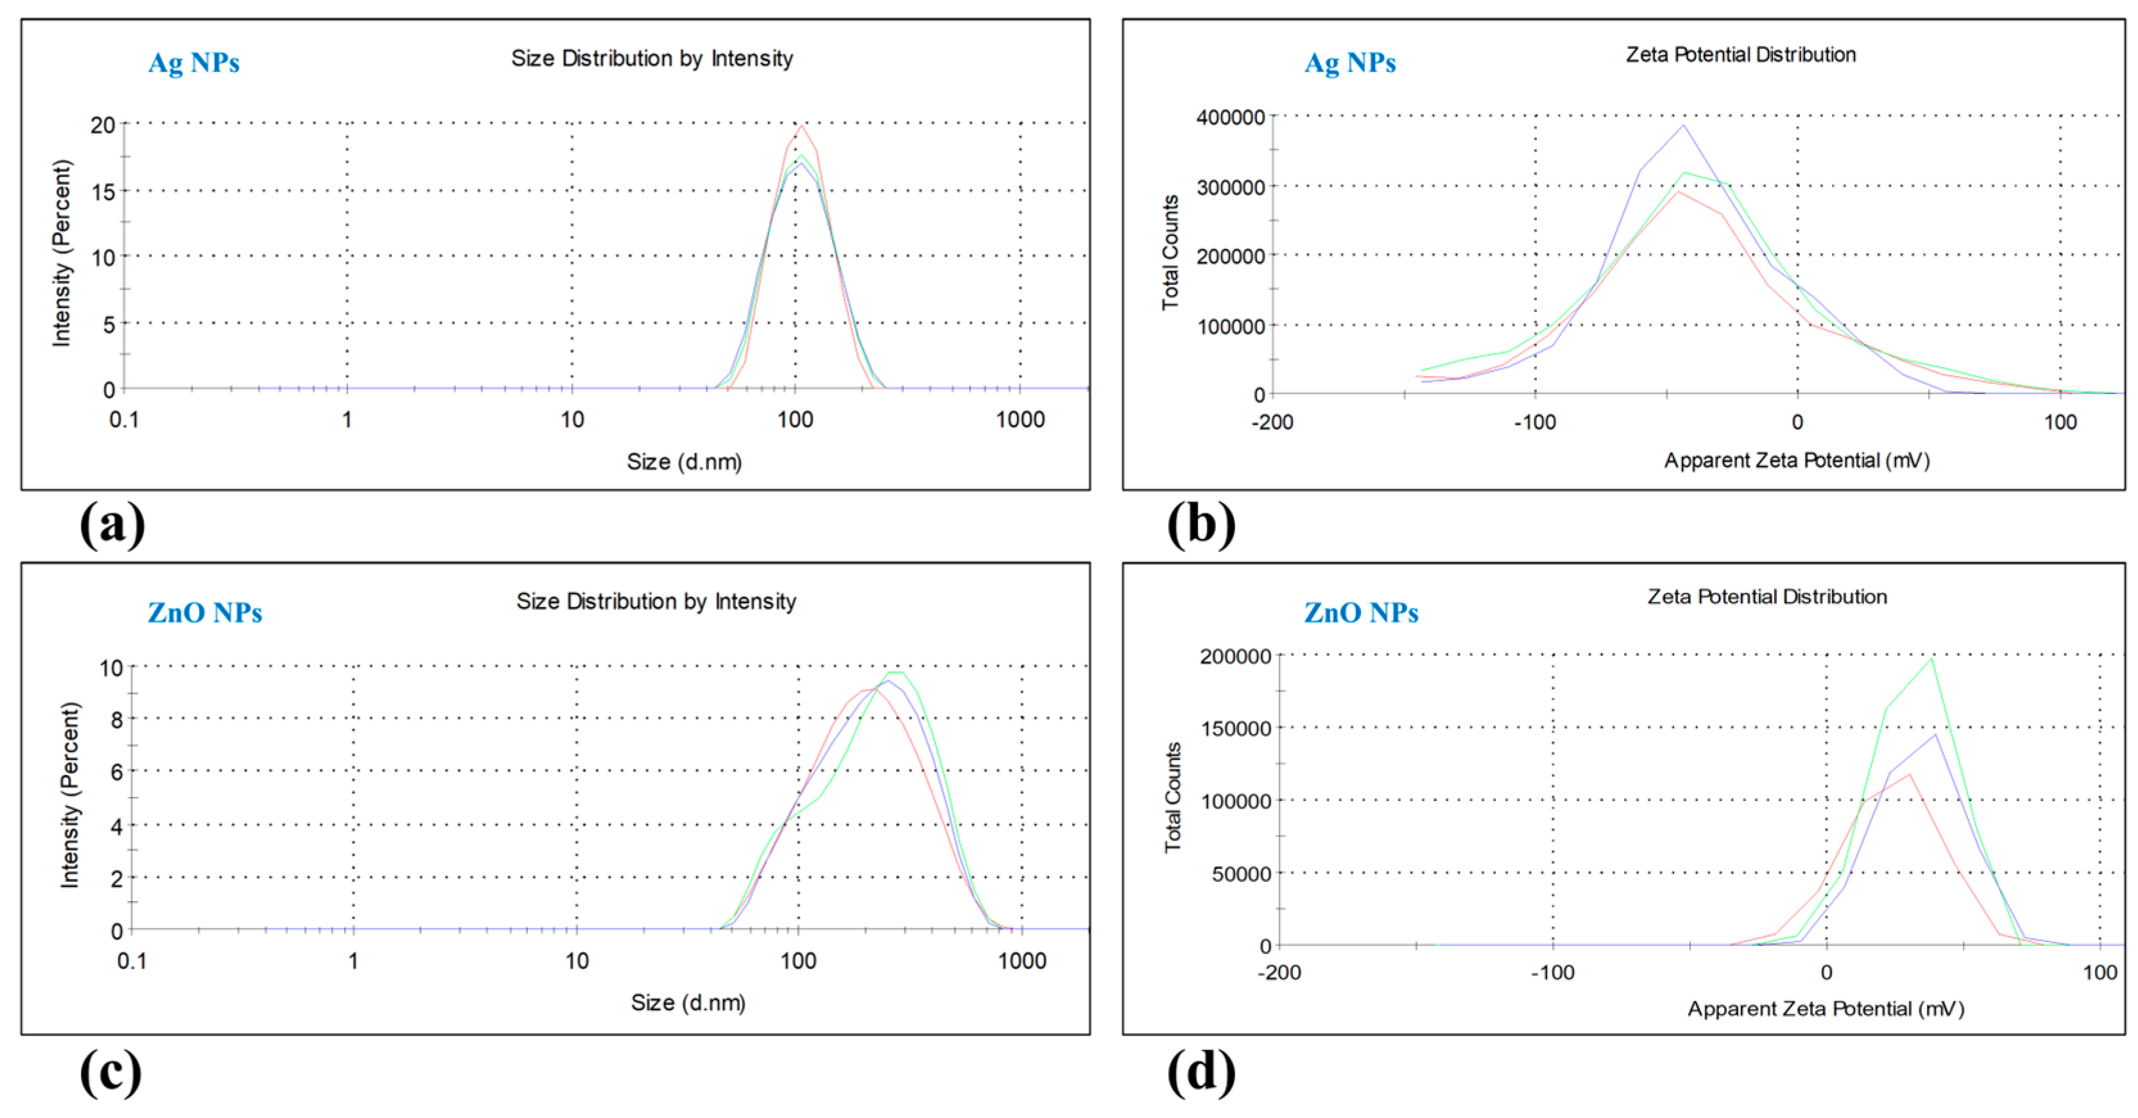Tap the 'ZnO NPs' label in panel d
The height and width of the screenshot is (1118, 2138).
tap(1361, 612)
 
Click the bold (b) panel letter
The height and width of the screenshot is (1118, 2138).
tap(1201, 524)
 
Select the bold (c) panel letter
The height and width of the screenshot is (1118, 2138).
tap(110, 1072)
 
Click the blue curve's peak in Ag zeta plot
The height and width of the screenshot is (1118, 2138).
tap(1683, 126)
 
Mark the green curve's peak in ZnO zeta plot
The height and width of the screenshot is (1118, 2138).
tap(1932, 659)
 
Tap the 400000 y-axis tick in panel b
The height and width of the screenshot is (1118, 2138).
tap(1230, 117)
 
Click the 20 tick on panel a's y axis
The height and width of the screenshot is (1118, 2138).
tap(102, 125)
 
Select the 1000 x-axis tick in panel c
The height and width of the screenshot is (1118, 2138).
tap(1022, 961)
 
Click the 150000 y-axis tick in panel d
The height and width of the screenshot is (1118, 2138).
tap(1235, 728)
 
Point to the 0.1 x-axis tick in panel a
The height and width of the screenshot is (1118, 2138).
tap(124, 420)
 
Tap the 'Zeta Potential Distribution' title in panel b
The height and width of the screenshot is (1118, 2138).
tap(1740, 55)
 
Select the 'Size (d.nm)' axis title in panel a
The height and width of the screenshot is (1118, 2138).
tap(684, 461)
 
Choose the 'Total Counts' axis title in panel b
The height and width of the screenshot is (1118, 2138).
tap(1170, 252)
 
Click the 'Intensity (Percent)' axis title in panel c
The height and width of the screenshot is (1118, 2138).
tap(70, 795)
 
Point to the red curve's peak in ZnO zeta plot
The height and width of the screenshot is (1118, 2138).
tap(1910, 775)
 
